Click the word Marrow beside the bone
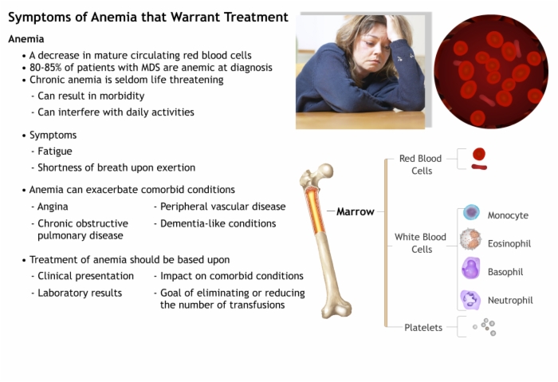[356, 212]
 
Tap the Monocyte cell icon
[471, 213]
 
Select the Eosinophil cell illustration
[470, 239]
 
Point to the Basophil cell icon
[470, 268]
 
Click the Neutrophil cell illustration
[470, 299]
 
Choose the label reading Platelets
[423, 328]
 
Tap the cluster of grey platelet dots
[485, 327]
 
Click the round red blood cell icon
[479, 154]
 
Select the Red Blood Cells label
[421, 164]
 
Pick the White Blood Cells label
[420, 243]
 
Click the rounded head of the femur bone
[324, 171]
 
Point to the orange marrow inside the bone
[315, 211]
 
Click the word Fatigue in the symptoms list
[55, 152]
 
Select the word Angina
[53, 207]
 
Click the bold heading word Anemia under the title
[26, 39]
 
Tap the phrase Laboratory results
[80, 293]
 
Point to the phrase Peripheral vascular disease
[222, 207]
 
